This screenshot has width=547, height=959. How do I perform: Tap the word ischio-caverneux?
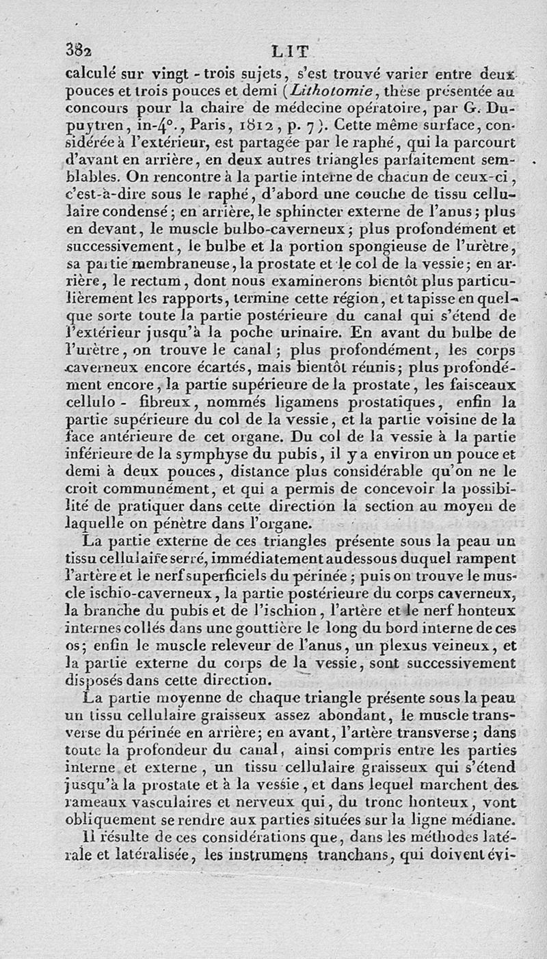(x=144, y=593)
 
